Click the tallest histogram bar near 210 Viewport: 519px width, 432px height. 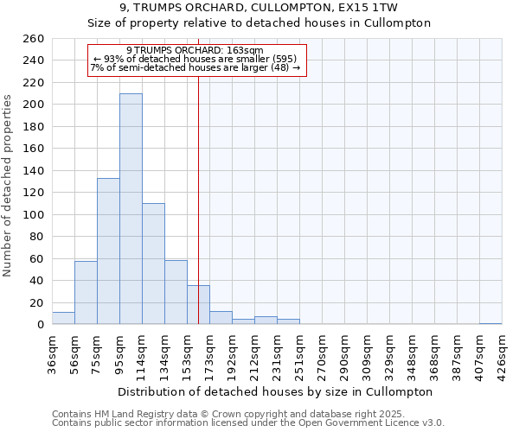131,209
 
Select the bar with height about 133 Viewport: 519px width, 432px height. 108,251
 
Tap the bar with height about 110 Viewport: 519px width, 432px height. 153,264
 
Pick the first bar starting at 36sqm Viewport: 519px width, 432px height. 63,319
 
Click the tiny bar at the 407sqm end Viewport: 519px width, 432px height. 490,324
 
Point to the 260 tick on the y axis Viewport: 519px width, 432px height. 34,39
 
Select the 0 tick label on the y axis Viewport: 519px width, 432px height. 40,325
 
